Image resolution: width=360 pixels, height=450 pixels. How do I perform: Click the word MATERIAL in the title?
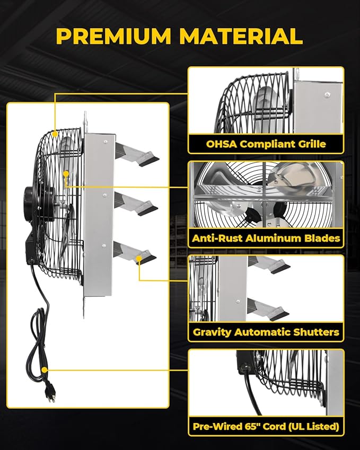click(241, 36)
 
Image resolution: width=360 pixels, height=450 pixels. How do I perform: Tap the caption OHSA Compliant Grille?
click(266, 144)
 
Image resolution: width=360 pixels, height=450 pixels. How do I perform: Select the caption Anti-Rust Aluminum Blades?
click(266, 238)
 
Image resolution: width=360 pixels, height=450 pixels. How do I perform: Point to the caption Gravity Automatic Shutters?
click(266, 332)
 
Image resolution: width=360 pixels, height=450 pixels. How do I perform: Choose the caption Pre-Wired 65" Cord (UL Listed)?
click(266, 426)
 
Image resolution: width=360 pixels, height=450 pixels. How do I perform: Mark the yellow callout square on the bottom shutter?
click(139, 258)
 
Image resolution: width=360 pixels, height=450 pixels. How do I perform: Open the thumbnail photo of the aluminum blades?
click(266, 196)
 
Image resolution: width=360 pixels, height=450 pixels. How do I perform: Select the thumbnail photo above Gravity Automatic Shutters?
click(266, 289)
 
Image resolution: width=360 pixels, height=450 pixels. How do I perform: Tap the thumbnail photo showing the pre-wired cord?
click(266, 383)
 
